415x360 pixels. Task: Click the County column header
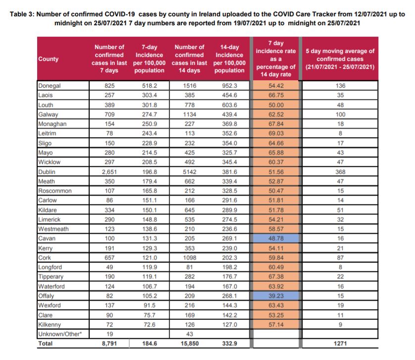click(48, 59)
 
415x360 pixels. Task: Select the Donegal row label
click(49, 86)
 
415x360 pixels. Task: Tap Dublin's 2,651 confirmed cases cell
click(109, 172)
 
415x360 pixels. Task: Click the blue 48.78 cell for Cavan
click(276, 238)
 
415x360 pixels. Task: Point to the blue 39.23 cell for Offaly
click(276, 296)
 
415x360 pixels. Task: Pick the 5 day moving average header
click(340, 59)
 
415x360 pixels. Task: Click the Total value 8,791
click(109, 343)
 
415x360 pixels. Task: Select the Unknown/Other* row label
click(60, 334)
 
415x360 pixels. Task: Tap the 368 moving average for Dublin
click(340, 172)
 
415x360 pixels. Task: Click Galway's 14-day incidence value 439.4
click(229, 114)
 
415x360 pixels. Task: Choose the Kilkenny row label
click(50, 324)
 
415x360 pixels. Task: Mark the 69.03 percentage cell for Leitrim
click(276, 133)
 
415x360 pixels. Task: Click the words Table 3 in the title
click(22, 14)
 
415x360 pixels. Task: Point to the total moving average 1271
click(340, 343)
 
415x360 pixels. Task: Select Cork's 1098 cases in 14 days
click(190, 257)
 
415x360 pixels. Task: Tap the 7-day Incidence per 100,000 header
click(149, 59)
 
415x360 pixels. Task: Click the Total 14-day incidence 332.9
click(229, 343)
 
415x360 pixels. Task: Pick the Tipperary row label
click(51, 277)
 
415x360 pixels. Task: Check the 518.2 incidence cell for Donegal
click(149, 86)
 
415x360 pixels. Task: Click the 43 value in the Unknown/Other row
click(190, 334)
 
